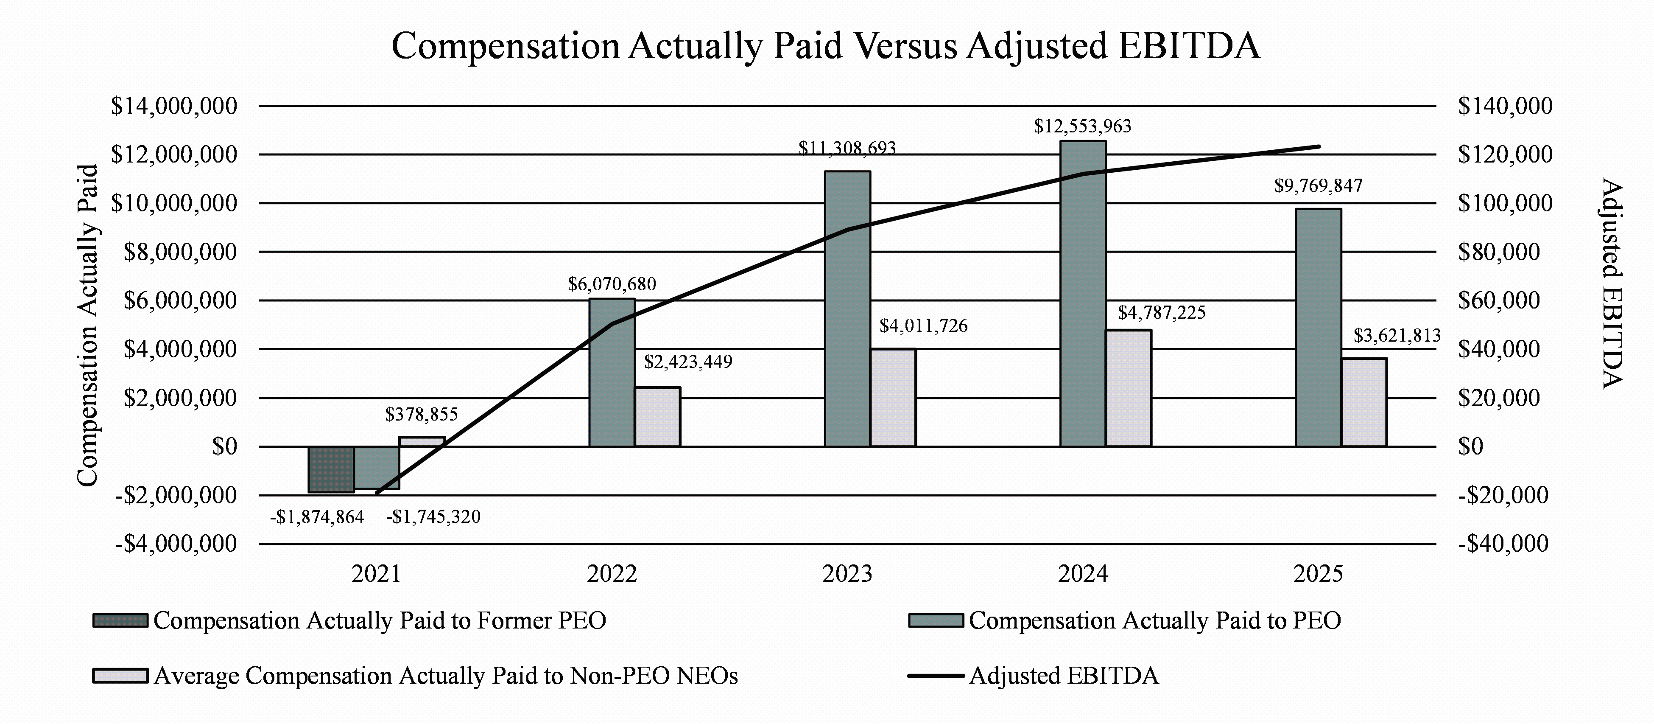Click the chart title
(x=826, y=46)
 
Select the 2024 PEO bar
(x=1083, y=294)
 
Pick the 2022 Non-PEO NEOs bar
(x=657, y=417)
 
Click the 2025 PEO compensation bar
(x=1318, y=328)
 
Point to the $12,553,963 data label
(x=1083, y=126)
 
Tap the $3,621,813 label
(x=1397, y=335)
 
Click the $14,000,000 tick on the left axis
(x=174, y=106)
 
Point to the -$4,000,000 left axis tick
(x=176, y=544)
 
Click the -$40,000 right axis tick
(x=1503, y=544)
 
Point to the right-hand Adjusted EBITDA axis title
(x=1610, y=283)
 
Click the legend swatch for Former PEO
(x=120, y=620)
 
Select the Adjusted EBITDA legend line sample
(x=936, y=676)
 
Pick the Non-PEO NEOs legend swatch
(x=120, y=676)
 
